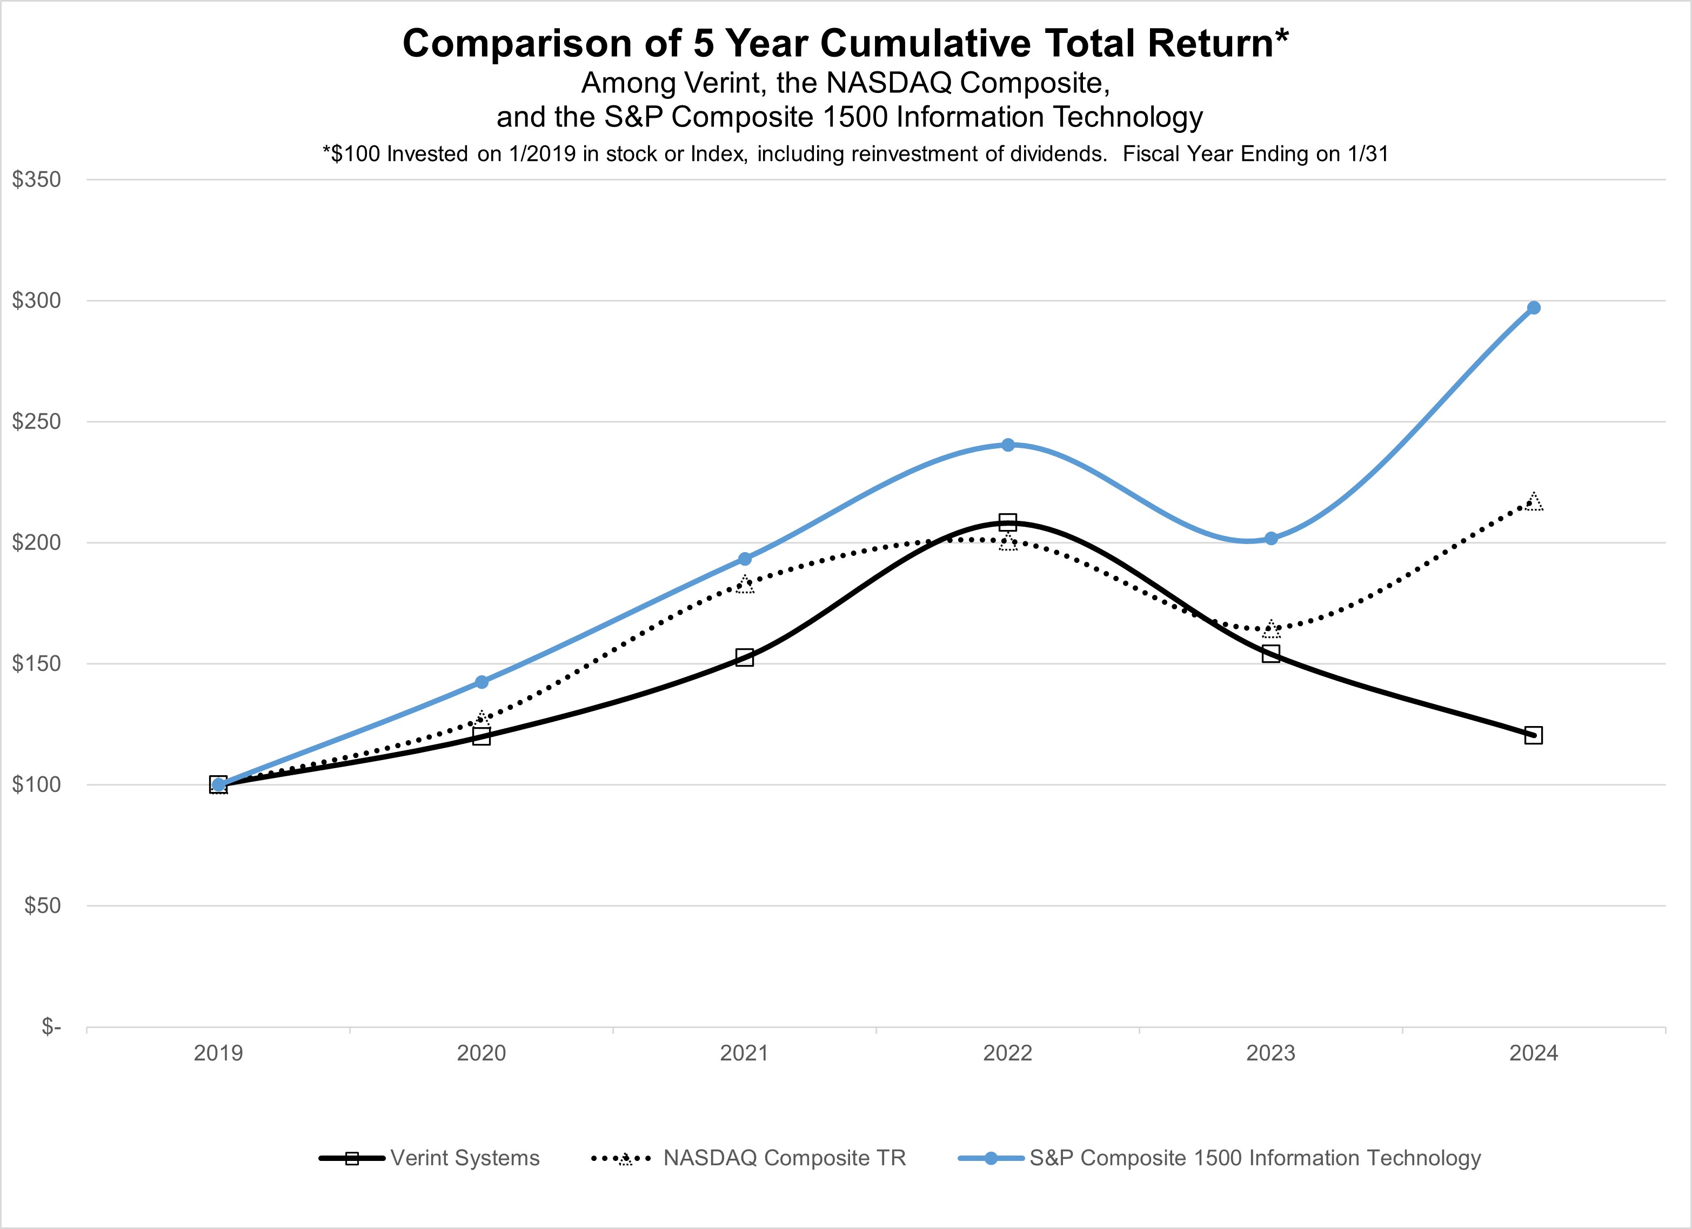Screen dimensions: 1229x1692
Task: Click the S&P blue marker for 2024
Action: pos(1533,308)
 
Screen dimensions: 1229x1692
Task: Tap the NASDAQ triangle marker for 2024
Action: pos(1533,502)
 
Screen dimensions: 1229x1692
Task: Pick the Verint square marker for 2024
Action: pos(1533,735)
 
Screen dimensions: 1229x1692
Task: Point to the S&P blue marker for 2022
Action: pos(1007,445)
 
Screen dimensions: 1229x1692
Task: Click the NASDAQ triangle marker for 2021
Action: pos(745,585)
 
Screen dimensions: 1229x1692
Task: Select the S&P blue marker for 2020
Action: pos(481,682)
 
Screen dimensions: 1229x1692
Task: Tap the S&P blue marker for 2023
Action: pos(1271,539)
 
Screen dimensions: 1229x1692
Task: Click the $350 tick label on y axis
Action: pos(36,180)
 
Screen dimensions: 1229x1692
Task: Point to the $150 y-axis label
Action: pos(36,664)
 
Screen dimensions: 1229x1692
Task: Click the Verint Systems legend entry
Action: pos(464,1158)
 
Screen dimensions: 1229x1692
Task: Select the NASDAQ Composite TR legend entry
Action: pos(784,1158)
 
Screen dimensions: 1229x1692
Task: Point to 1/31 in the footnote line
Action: pos(1367,155)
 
